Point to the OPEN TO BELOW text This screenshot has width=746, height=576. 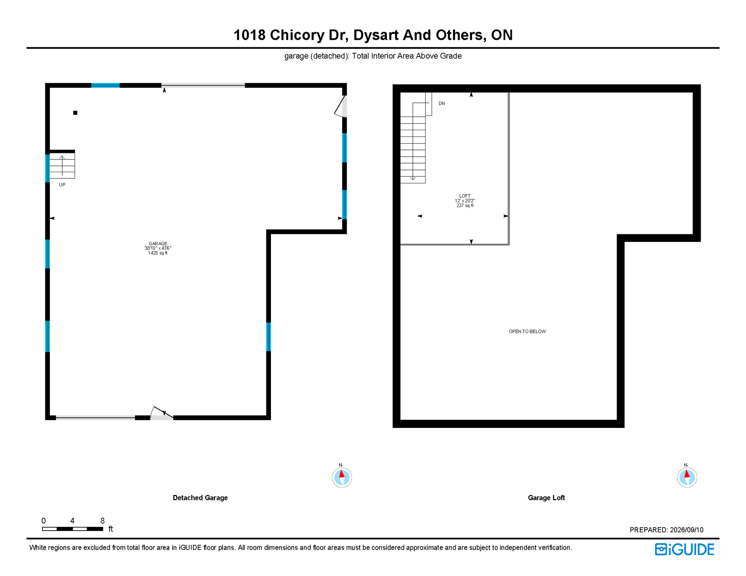[x=527, y=331]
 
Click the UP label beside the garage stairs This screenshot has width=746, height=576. [x=62, y=185]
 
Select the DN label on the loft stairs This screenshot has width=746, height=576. [x=442, y=103]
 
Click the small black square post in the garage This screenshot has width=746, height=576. [x=75, y=113]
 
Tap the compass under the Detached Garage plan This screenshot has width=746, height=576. [x=342, y=477]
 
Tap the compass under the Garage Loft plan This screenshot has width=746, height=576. [x=687, y=477]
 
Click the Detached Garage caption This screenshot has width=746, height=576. [x=200, y=498]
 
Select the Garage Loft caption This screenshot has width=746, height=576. [x=546, y=498]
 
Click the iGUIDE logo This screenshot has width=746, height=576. [x=685, y=549]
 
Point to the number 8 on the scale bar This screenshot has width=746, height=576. [x=102, y=520]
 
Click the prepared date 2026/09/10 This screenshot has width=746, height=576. [x=687, y=530]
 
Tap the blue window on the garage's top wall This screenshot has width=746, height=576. [x=105, y=85]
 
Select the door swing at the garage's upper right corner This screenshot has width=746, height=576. [x=340, y=106]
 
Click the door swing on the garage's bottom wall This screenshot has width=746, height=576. [x=162, y=412]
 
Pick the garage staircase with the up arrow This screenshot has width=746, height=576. [x=62, y=165]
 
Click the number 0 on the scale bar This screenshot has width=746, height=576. [x=44, y=520]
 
